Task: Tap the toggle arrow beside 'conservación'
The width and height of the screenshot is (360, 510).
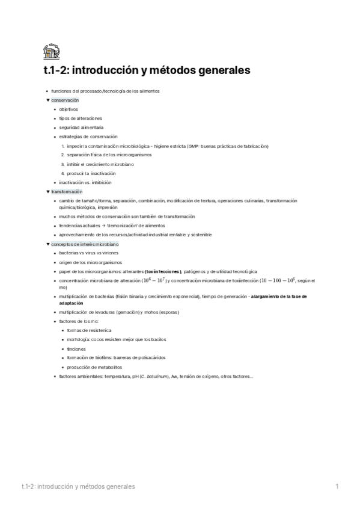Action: [47, 100]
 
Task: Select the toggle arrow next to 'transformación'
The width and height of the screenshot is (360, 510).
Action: [47, 191]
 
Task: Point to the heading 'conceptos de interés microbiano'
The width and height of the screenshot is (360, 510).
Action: [85, 245]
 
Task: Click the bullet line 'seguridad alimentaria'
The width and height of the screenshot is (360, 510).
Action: [81, 127]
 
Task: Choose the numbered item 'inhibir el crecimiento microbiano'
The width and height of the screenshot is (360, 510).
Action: [100, 164]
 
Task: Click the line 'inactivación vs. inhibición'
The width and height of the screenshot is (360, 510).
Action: [85, 182]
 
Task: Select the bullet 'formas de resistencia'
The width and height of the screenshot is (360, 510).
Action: [89, 331]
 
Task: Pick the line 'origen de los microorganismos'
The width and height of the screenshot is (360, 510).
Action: [90, 263]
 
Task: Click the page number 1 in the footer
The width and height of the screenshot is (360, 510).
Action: [337, 486]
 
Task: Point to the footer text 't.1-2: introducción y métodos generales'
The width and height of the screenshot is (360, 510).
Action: [77, 486]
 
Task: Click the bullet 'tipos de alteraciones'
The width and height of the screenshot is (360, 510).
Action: [81, 118]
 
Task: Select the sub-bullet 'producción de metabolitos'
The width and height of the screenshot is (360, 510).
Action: [94, 367]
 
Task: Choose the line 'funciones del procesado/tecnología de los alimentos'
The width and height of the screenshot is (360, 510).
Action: [105, 91]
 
